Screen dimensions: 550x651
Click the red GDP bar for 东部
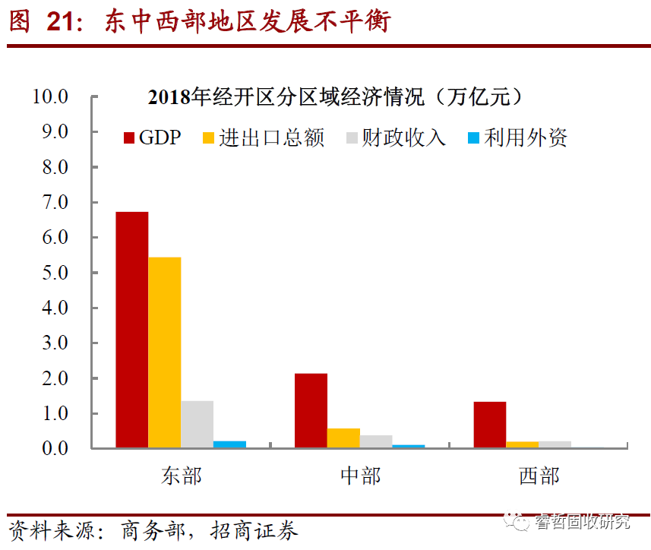coord(131,330)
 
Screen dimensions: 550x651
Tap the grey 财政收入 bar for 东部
coord(197,424)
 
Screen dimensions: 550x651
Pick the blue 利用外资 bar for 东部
coord(229,444)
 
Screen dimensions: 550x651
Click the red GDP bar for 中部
coord(311,410)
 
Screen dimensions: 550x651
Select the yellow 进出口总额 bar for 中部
coord(343,438)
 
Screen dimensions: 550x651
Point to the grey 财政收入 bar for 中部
coord(376,441)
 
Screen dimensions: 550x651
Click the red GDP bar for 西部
coord(490,425)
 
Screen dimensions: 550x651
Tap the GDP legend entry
coord(152,137)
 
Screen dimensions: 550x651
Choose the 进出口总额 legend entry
coord(263,137)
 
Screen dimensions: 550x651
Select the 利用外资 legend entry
coord(517,137)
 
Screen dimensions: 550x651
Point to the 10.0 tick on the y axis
coord(49,96)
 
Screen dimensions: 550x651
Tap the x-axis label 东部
coord(181,476)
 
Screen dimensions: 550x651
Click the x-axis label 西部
coord(539,476)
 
